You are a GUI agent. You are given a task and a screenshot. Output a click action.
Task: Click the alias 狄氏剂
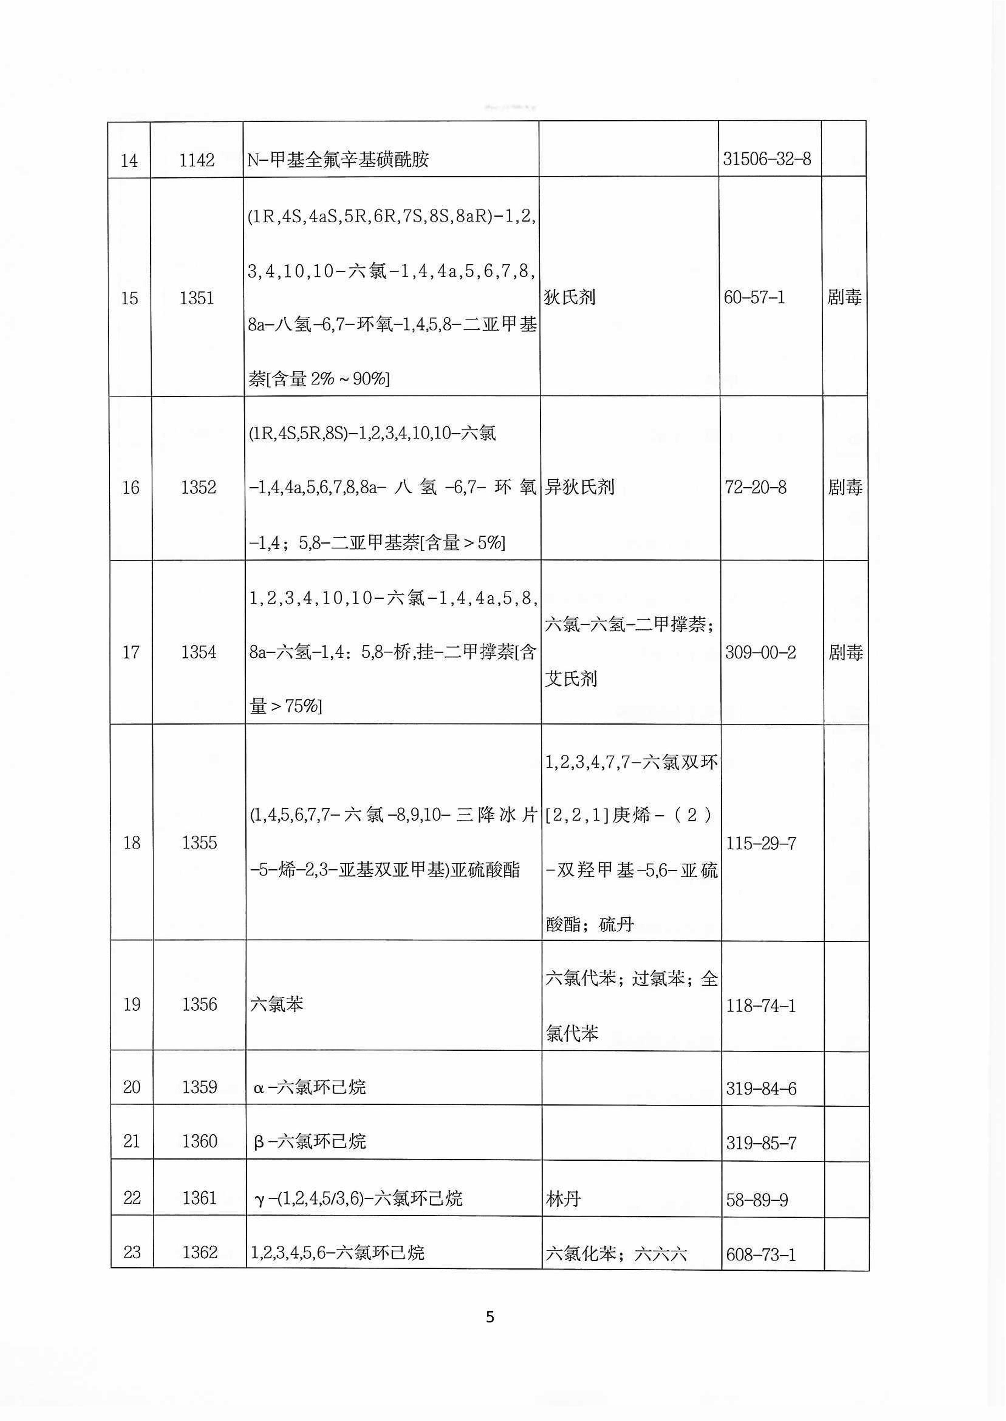coord(569,297)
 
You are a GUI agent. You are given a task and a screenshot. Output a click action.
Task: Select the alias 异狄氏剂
coord(579,487)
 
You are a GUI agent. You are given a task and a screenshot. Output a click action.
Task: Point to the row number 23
coord(132,1252)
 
